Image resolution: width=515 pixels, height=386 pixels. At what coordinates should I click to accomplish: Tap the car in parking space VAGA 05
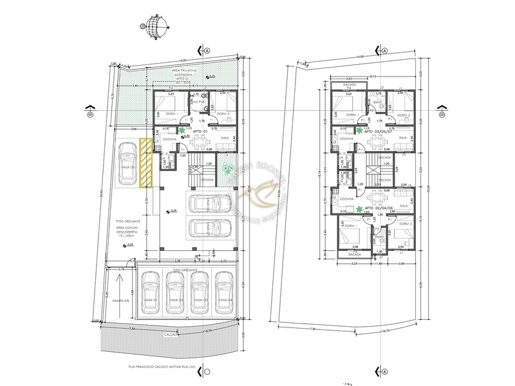click(x=127, y=166)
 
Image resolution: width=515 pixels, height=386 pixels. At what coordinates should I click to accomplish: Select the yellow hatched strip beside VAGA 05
click(x=146, y=164)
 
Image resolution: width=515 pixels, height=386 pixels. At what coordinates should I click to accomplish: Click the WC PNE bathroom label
click(x=198, y=101)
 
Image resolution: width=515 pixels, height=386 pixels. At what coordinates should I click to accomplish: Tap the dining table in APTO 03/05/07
click(x=380, y=139)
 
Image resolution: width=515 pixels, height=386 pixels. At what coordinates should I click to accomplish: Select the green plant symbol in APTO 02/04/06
click(x=359, y=208)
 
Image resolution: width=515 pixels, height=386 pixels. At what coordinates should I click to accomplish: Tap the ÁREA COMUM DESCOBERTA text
click(x=129, y=228)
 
